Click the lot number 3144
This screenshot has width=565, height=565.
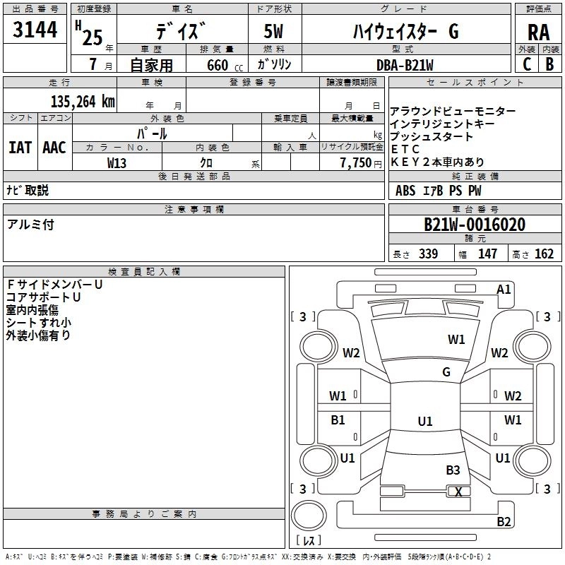click(x=35, y=30)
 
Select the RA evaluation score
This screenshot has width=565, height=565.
click(x=538, y=32)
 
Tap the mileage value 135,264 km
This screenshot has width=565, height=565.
click(x=83, y=102)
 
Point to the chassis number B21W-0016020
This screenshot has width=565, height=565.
click(x=475, y=225)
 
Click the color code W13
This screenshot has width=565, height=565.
click(x=117, y=163)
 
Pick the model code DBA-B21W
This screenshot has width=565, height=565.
click(x=405, y=65)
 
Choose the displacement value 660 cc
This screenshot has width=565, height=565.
click(x=225, y=65)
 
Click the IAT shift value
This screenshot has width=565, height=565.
click(x=20, y=148)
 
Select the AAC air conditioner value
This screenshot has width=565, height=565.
click(x=54, y=148)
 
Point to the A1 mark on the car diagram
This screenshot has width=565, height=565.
click(x=504, y=290)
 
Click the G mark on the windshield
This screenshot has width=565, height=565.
click(x=446, y=371)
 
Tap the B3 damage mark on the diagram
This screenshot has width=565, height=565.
click(x=453, y=470)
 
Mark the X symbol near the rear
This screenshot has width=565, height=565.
click(x=458, y=492)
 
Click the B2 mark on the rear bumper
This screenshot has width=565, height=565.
click(x=504, y=521)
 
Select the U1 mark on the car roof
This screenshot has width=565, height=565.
click(x=425, y=421)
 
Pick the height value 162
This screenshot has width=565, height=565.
click(x=544, y=254)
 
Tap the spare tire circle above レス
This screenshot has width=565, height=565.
click(x=309, y=516)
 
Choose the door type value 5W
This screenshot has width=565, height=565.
click(x=273, y=31)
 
